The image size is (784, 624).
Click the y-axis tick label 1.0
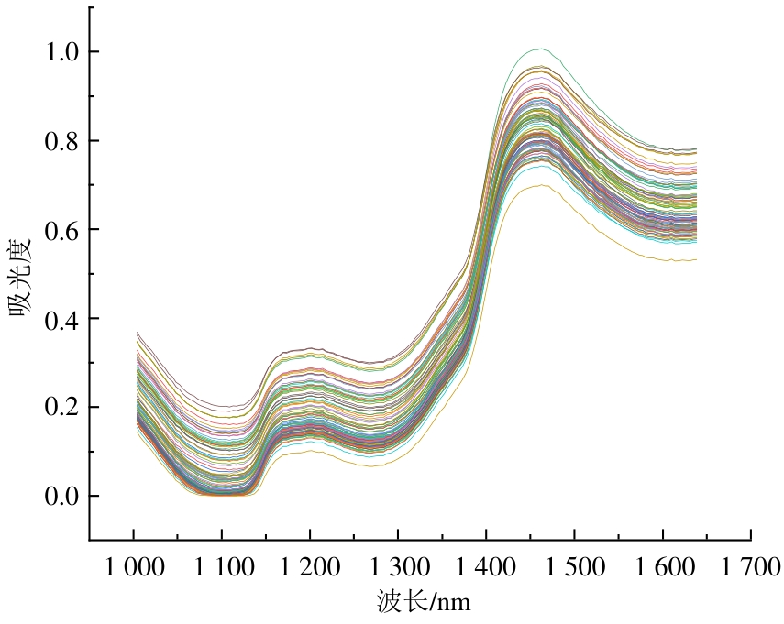[x=60, y=51]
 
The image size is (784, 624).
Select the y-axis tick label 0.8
[x=60, y=140]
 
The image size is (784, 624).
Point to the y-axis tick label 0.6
[x=60, y=229]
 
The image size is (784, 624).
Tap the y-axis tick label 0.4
[x=60, y=318]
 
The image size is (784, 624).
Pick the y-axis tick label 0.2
[x=60, y=407]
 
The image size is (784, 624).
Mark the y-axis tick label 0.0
[x=60, y=496]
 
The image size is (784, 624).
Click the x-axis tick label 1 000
[x=134, y=567]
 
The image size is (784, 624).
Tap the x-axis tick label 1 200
[x=310, y=567]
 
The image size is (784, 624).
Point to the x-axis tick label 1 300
[x=398, y=567]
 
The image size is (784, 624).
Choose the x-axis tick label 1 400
[x=486, y=567]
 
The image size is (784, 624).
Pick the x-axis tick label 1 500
[x=574, y=567]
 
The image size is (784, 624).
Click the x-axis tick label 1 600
[x=662, y=567]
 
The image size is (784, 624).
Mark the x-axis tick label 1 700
[x=750, y=567]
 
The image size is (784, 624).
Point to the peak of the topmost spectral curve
[x=538, y=49]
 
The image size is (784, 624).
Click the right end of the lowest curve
[x=697, y=260]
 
